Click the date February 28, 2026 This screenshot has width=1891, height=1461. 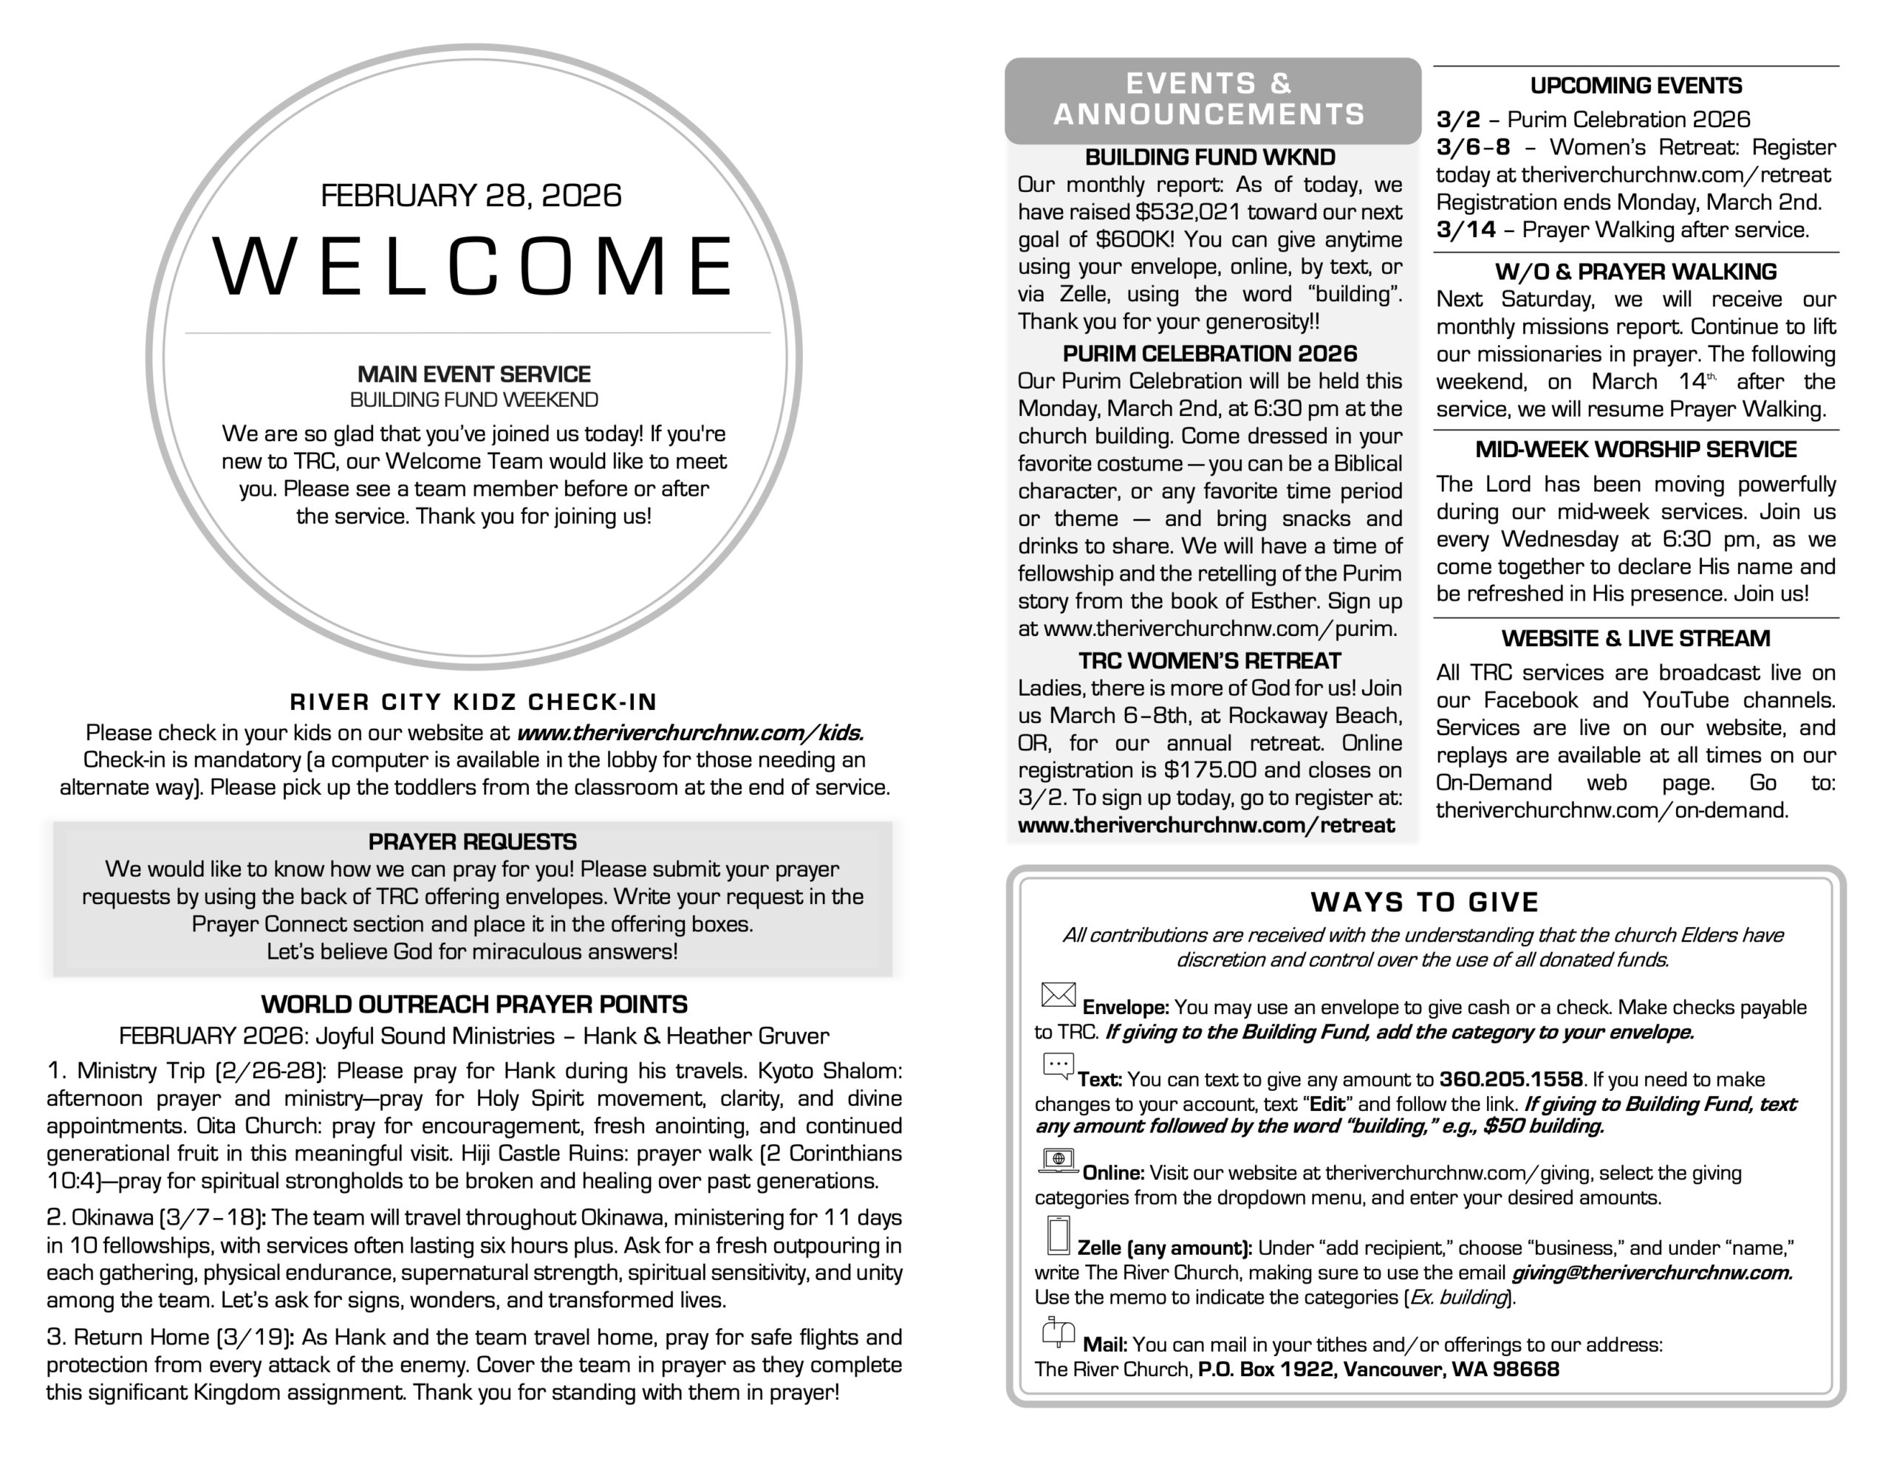471,196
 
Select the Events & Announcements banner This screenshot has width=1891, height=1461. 1211,100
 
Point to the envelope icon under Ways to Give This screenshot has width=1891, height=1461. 1058,995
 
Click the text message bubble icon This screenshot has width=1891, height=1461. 1058,1066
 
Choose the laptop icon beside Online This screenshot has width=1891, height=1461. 1058,1160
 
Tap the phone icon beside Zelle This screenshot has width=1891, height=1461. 1058,1236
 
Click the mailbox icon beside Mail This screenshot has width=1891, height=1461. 1058,1332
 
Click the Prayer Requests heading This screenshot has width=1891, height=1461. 472,842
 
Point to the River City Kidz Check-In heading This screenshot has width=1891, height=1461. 473,702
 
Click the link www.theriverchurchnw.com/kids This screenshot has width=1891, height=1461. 690,733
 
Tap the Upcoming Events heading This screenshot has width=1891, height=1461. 1635,86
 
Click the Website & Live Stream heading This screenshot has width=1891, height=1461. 1635,639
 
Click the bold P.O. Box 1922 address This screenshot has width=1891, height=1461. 1378,1369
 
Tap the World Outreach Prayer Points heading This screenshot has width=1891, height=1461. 473,1005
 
